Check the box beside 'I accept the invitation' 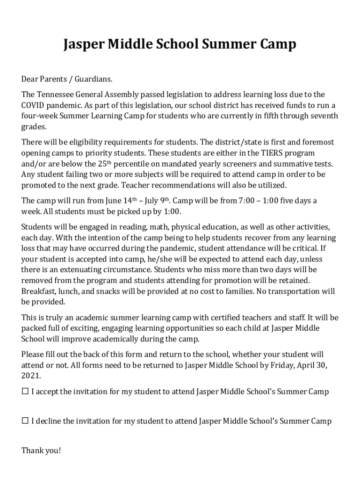click(x=25, y=392)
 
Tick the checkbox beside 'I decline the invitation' click(x=25, y=421)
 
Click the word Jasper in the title click(x=83, y=44)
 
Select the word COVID click(x=33, y=105)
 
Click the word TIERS click(x=274, y=153)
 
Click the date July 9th click(x=157, y=201)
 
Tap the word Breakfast click(x=39, y=291)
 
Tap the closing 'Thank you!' click(x=41, y=451)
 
